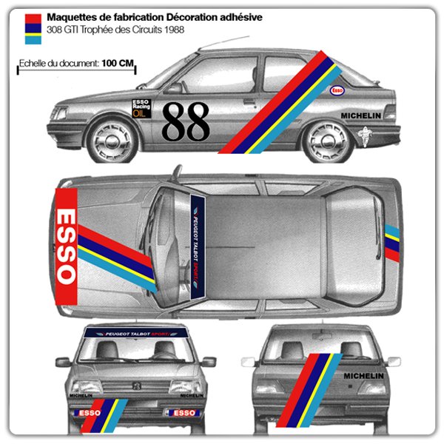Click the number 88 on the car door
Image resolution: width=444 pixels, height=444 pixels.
[186, 121]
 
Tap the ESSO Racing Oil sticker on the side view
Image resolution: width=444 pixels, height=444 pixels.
[141, 108]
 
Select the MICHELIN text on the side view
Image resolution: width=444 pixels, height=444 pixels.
[360, 115]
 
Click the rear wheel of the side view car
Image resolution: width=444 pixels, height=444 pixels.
[327, 141]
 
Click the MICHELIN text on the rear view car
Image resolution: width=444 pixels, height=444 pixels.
[363, 376]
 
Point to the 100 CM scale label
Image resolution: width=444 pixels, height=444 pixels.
[118, 64]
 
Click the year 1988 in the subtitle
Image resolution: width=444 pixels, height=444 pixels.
[172, 30]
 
